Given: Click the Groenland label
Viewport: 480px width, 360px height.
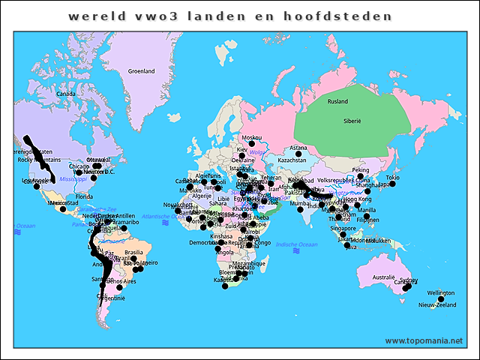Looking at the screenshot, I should pyautogui.click(x=141, y=71).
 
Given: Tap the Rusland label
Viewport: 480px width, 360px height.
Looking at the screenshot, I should pyautogui.click(x=338, y=101).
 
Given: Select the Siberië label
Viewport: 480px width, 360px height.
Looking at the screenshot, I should pyautogui.click(x=352, y=120).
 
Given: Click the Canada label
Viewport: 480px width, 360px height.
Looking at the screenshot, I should pyautogui.click(x=66, y=94).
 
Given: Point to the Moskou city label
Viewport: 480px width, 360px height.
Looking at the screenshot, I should pyautogui.click(x=253, y=137).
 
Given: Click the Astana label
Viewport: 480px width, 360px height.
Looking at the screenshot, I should pyautogui.click(x=298, y=148).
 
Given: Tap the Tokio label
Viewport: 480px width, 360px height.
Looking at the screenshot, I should pyautogui.click(x=392, y=177).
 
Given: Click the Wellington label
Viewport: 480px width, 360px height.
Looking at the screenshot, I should pyautogui.click(x=441, y=292).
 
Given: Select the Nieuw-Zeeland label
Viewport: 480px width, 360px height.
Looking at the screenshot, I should pyautogui.click(x=437, y=305).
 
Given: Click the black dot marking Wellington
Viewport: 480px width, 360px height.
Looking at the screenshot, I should pyautogui.click(x=441, y=299).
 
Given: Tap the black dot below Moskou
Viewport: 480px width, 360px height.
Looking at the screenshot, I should pyautogui.click(x=253, y=144).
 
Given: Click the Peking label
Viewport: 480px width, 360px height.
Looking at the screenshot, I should pyautogui.click(x=361, y=170).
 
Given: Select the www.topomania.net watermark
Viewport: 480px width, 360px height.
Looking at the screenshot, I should pyautogui.click(x=424, y=340).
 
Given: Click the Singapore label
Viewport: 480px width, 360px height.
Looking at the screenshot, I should pyautogui.click(x=343, y=228).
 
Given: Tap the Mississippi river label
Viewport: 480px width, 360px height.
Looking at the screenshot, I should pyautogui.click(x=73, y=180).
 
